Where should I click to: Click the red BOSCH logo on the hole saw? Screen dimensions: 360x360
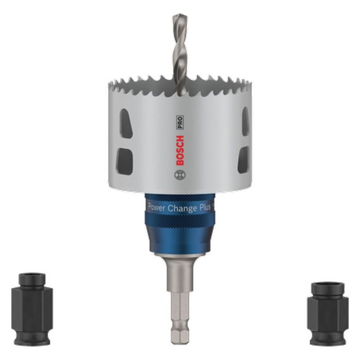(x=179, y=149)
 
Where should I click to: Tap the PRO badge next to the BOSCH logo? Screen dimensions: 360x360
(x=180, y=122)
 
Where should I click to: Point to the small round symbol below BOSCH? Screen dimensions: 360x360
(x=179, y=175)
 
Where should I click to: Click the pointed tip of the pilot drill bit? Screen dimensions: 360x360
(x=177, y=15)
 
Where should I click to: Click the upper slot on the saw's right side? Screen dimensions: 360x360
(x=245, y=121)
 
